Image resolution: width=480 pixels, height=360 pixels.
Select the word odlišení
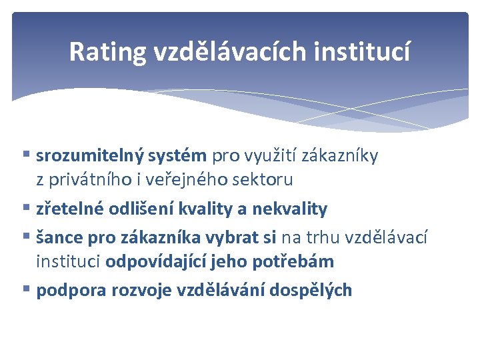[x=136, y=209]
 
